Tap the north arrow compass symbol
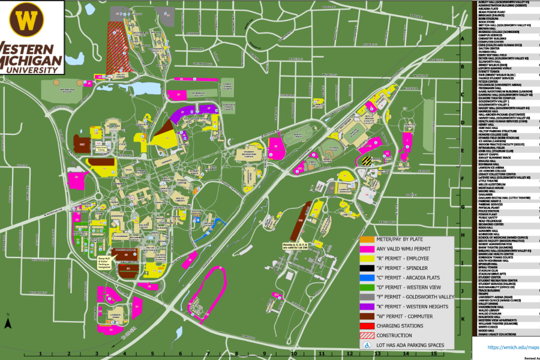(x=8, y=323)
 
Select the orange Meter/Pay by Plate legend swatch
(x=367, y=239)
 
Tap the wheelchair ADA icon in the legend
(x=367, y=345)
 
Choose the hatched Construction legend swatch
(x=367, y=335)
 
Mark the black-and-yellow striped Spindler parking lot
(x=367, y=161)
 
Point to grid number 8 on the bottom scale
(x=237, y=354)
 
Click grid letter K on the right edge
(x=463, y=319)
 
